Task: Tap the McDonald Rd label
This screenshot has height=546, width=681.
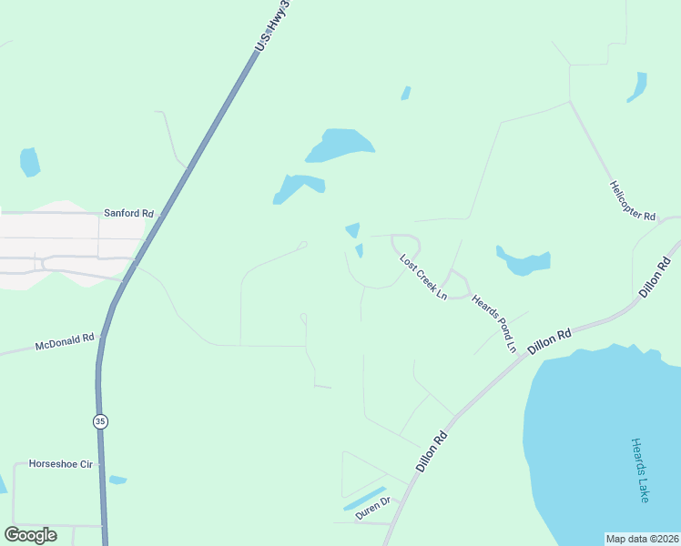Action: point(65,343)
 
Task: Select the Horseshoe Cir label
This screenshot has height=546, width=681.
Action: point(61,464)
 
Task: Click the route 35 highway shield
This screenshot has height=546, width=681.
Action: point(98,420)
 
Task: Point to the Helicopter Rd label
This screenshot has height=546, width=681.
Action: point(633,201)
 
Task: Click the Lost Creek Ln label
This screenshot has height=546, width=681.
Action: point(424,277)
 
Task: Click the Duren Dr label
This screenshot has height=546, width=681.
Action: point(372,507)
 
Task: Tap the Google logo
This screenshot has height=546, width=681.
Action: point(30,535)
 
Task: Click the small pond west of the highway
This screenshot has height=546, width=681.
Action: point(29,161)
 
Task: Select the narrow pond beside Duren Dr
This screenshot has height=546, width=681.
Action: point(364,498)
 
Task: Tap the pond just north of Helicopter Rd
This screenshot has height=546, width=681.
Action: point(638,86)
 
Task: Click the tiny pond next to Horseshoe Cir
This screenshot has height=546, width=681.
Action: point(117,480)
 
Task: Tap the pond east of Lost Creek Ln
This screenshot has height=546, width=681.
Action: point(523,261)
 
